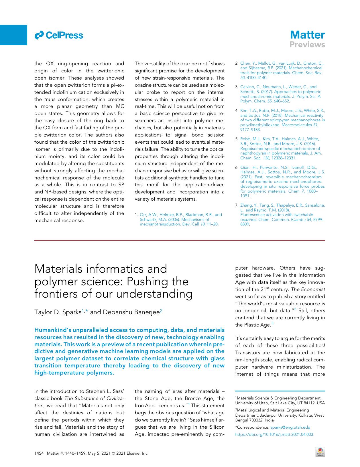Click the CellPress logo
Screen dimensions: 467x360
pos(59,35)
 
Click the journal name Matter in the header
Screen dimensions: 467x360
pos(307,35)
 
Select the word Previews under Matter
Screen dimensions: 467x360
pos(307,45)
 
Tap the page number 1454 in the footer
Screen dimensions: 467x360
pos(39,453)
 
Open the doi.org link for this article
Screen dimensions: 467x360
pos(274,434)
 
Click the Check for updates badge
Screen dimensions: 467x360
pos(320,452)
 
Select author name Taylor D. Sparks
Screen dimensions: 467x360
pos(58,312)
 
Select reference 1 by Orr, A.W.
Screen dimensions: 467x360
pos(180,219)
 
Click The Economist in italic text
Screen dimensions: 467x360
pos(308,289)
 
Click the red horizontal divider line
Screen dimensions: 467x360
pos(180,240)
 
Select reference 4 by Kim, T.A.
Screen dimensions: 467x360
pos(282,120)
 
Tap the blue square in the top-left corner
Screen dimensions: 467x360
pos(13,35)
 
